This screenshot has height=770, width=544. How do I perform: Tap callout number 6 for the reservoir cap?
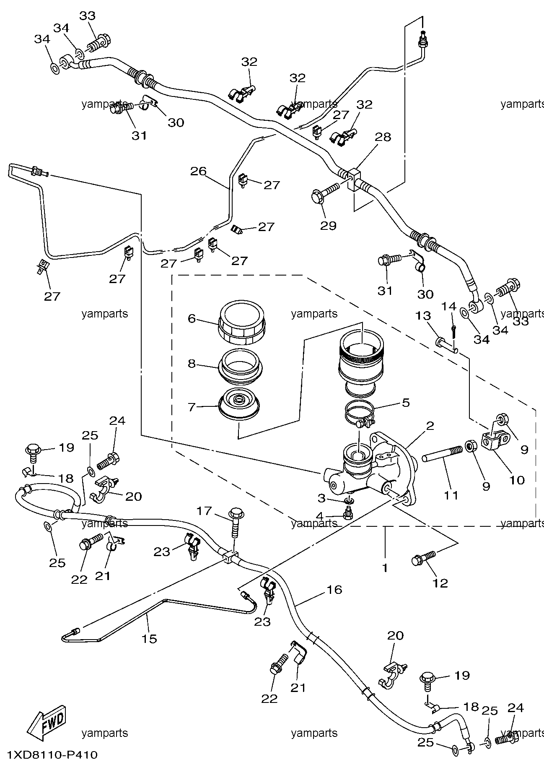point(192,319)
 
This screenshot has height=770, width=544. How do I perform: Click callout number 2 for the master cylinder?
point(430,426)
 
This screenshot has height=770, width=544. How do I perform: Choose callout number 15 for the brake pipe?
point(149,639)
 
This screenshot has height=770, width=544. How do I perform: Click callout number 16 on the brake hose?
point(334,590)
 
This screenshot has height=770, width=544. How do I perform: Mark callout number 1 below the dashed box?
point(385,568)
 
